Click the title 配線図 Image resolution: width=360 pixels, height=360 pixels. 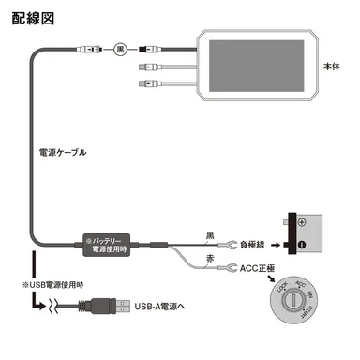tap(33, 18)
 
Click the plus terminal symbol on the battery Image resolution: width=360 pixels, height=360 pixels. tap(302, 224)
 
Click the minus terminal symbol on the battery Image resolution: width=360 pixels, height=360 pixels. tap(302, 247)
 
